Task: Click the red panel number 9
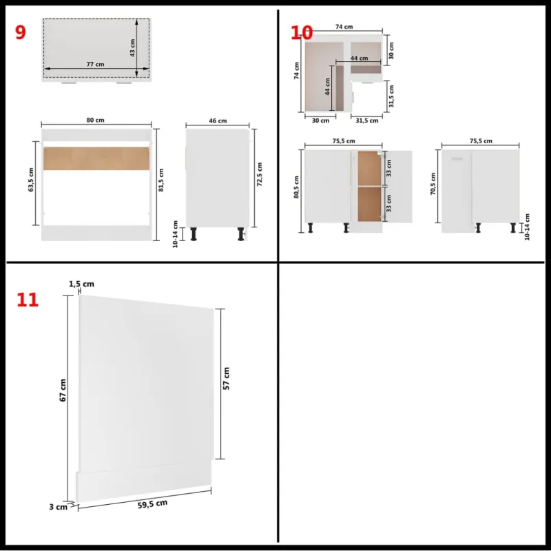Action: pos(21,32)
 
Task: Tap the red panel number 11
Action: pos(28,300)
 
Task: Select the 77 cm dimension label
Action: pos(95,64)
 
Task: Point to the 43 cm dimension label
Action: pos(132,48)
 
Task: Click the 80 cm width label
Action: pos(95,120)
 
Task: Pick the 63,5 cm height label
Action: pos(31,180)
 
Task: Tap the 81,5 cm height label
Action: pos(161,180)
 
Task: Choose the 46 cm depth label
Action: pos(218,121)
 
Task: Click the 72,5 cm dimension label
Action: pos(260,174)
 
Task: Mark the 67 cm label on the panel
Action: pos(63,390)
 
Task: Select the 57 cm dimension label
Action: pos(227,378)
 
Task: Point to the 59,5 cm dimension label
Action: pos(152,504)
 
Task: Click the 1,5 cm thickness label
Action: pos(81,284)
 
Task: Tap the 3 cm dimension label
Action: pos(58,507)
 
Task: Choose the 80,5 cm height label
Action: pos(297,187)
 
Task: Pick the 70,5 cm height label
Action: pos(433,184)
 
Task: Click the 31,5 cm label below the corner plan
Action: pos(367,121)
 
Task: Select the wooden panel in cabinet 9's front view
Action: pos(96,158)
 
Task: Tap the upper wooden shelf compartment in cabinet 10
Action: pos(369,168)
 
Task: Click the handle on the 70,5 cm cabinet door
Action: pos(457,159)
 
